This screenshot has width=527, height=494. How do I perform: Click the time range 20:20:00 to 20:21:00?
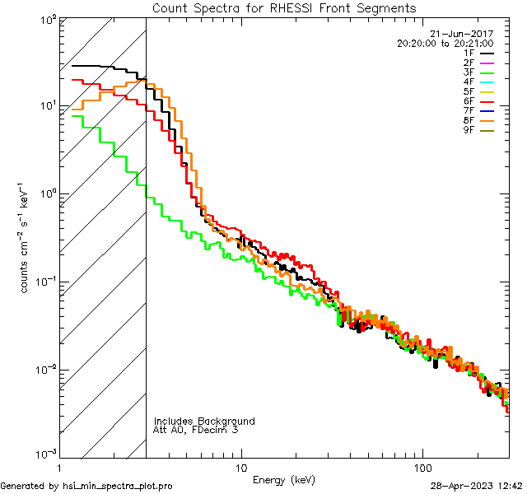pyautogui.click(x=445, y=44)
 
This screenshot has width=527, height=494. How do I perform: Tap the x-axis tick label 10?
pyautogui.click(x=240, y=468)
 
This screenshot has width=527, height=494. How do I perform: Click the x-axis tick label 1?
pyautogui.click(x=58, y=468)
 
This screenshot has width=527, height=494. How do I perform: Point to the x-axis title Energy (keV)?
pyautogui.click(x=284, y=479)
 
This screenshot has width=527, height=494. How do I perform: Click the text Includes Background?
pyautogui.click(x=204, y=421)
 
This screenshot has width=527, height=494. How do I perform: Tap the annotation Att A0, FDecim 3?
pyautogui.click(x=196, y=430)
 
